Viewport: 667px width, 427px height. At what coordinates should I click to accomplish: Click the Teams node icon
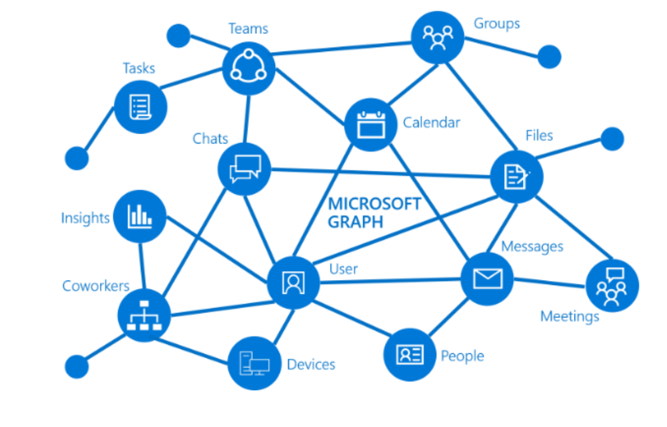pos(249,68)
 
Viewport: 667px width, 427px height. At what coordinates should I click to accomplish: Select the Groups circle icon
pos(437,37)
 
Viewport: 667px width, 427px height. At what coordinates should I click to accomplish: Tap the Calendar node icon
pos(370,125)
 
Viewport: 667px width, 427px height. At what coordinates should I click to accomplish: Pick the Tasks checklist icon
pos(140,106)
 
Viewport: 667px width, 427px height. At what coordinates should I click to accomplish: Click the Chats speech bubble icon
pos(244,169)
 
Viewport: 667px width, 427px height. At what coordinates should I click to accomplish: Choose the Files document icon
pos(516,177)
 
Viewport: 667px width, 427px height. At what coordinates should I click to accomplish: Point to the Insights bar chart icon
pos(139,216)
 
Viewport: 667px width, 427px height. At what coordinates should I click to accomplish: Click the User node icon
pos(293,283)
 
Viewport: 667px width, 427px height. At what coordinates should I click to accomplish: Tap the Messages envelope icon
pos(487,279)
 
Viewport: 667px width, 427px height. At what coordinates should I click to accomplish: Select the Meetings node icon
pos(612,286)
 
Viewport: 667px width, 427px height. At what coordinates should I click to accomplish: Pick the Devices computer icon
pos(254,364)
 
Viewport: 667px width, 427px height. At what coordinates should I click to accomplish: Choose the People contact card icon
pos(410,354)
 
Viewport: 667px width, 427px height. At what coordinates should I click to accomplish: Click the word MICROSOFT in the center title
pos(374,204)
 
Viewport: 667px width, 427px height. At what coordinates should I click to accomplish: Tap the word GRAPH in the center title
pos(355,222)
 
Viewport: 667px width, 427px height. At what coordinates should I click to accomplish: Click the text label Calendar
pos(431,123)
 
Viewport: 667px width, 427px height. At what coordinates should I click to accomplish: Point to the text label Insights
pos(85,218)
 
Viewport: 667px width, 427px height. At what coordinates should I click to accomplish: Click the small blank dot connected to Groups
pos(549,57)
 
